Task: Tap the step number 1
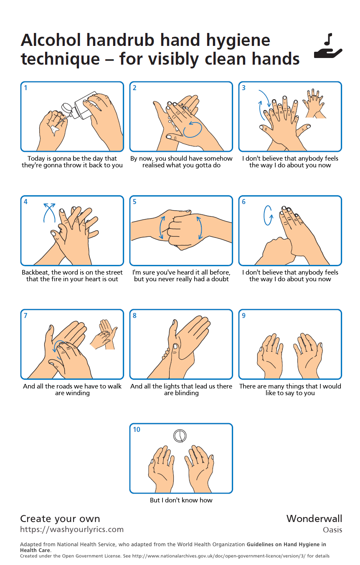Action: point(25,88)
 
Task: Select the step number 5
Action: point(134,202)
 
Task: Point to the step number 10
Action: point(137,429)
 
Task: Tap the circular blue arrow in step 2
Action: point(193,129)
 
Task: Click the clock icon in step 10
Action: point(180,436)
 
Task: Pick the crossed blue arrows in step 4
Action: point(49,213)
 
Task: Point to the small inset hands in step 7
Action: point(104,335)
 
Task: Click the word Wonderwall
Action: point(314,519)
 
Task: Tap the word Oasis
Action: point(332,530)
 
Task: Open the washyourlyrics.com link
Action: point(72,529)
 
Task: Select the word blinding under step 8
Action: point(187,393)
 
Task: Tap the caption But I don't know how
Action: point(181,500)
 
